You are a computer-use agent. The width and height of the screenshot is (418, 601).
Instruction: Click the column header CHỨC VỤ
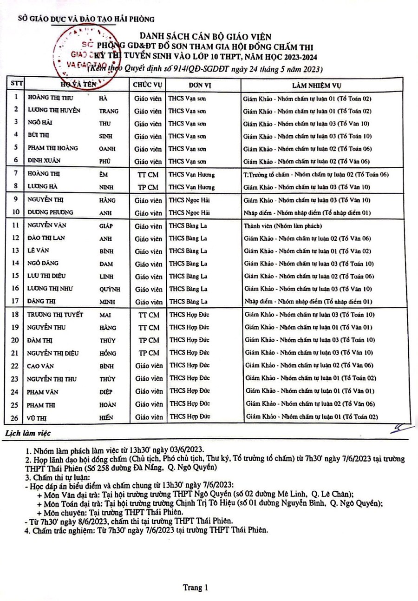[x=147, y=85]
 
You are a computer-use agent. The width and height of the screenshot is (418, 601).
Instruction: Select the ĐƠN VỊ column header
[x=201, y=85]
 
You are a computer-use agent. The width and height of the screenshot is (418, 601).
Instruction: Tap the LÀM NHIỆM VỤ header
[x=318, y=85]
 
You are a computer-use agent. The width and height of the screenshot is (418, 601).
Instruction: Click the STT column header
[x=16, y=85]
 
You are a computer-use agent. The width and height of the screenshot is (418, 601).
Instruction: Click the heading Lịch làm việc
[x=27, y=433]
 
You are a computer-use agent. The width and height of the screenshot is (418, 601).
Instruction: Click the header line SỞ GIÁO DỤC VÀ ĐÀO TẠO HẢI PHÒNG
[x=86, y=19]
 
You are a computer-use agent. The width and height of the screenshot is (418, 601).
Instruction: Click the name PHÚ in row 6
[x=106, y=161]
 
